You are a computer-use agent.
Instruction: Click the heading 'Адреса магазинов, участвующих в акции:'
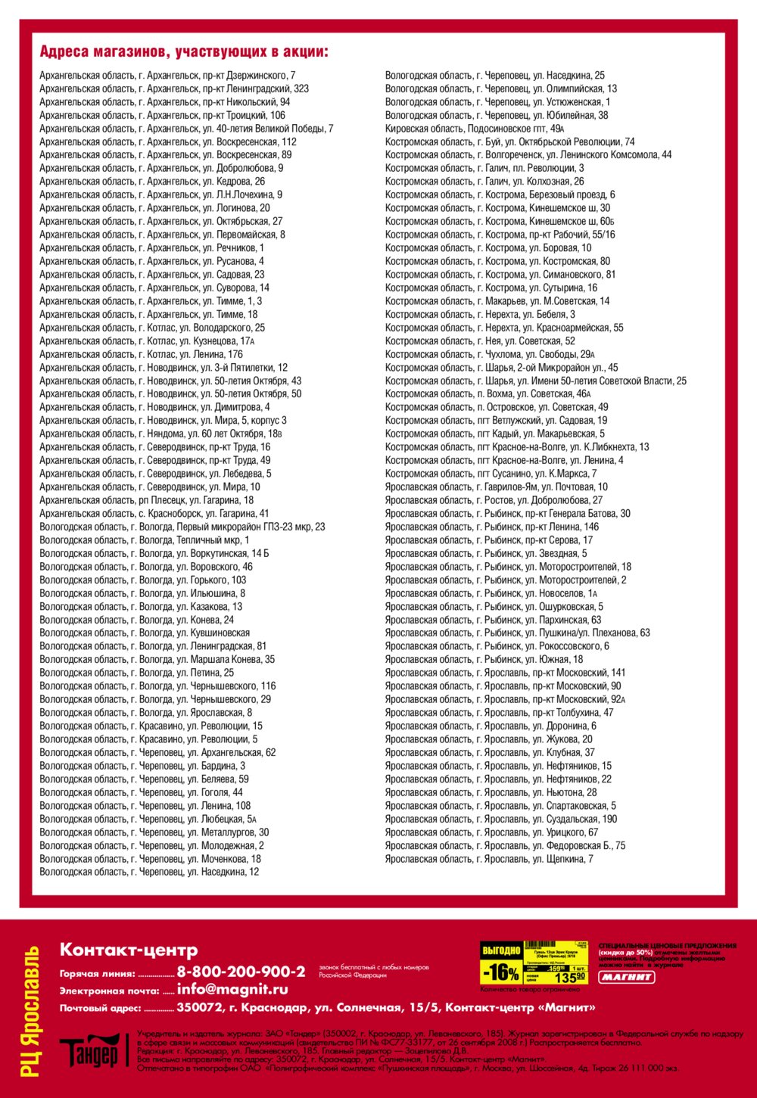coord(184,52)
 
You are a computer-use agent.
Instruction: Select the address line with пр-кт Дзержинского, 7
coord(167,76)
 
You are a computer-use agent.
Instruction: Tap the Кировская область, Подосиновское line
coord(475,129)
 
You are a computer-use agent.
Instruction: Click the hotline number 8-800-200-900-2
coord(241,972)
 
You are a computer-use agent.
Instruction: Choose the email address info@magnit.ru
coord(232,989)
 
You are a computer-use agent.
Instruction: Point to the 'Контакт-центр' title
coord(129,950)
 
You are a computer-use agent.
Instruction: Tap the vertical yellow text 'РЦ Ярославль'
coord(31,1010)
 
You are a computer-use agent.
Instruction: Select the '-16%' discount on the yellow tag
coord(501,972)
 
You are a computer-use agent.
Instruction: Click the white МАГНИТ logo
coord(627,978)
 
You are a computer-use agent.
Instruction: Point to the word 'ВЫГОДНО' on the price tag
coord(501,950)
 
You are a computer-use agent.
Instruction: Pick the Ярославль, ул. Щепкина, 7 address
coord(488,859)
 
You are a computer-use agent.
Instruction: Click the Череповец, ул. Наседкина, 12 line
coord(149,872)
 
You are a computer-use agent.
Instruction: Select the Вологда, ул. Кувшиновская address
coord(145,633)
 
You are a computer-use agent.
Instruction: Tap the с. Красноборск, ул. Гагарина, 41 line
coord(154,513)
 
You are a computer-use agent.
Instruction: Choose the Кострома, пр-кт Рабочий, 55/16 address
coord(500,235)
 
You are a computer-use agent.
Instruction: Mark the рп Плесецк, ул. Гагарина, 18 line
coord(146,500)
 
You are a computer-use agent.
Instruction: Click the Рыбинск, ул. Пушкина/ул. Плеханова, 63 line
coord(517,633)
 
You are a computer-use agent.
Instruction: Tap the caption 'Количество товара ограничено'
coord(530,989)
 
